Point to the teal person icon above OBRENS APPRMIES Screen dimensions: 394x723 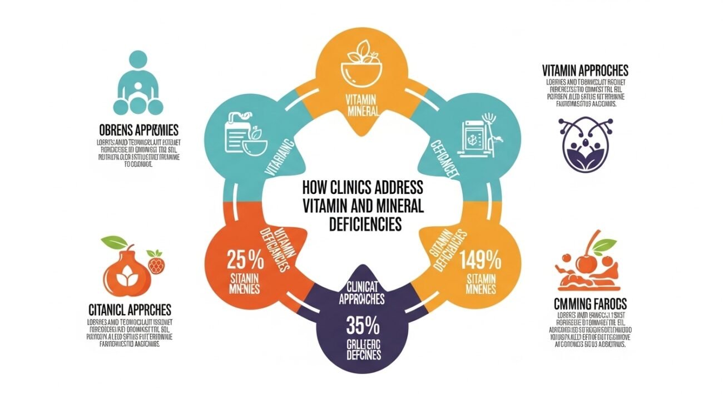138,83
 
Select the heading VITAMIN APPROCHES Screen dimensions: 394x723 585,71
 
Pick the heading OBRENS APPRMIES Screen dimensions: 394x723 137,131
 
